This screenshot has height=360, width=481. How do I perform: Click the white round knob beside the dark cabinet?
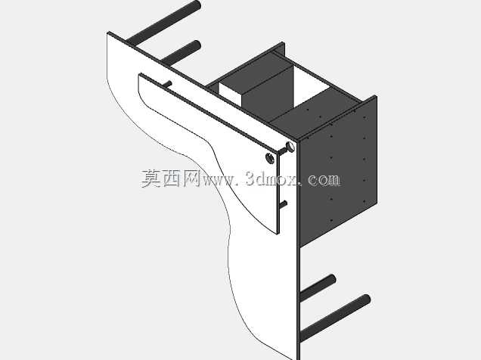[290, 147]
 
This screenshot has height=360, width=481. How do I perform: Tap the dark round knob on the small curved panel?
[270, 158]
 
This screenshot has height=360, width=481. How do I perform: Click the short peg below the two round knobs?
[283, 205]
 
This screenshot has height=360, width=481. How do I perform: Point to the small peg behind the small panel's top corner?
[167, 84]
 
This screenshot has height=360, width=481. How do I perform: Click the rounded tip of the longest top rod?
[197, 5]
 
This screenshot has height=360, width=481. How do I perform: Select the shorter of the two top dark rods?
[181, 52]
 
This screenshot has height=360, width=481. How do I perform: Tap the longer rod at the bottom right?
[335, 318]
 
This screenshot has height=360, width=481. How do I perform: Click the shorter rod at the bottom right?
[318, 287]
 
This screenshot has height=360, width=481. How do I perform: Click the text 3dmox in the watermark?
[272, 179]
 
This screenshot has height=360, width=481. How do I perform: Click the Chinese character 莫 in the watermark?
[151, 178]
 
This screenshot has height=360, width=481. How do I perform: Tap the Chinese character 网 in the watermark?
[192, 178]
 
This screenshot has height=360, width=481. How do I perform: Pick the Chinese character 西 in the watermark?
[172, 178]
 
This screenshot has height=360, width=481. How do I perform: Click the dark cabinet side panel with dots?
[338, 172]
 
